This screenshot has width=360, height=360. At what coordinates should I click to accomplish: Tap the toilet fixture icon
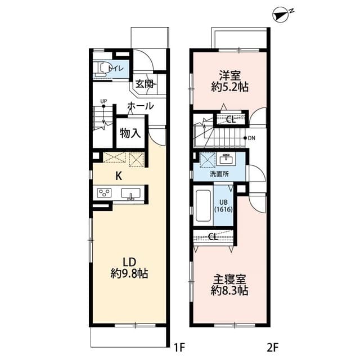point(102,69)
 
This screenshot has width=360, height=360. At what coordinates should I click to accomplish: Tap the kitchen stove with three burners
point(105,193)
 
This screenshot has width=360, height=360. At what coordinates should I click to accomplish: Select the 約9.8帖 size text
point(130,274)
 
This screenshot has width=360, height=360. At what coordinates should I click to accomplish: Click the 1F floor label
point(179,348)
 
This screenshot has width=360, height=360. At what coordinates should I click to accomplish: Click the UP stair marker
point(103,102)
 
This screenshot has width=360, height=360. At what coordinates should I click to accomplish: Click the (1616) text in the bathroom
point(223,209)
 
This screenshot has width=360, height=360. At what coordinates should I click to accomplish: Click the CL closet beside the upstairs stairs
point(231,119)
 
